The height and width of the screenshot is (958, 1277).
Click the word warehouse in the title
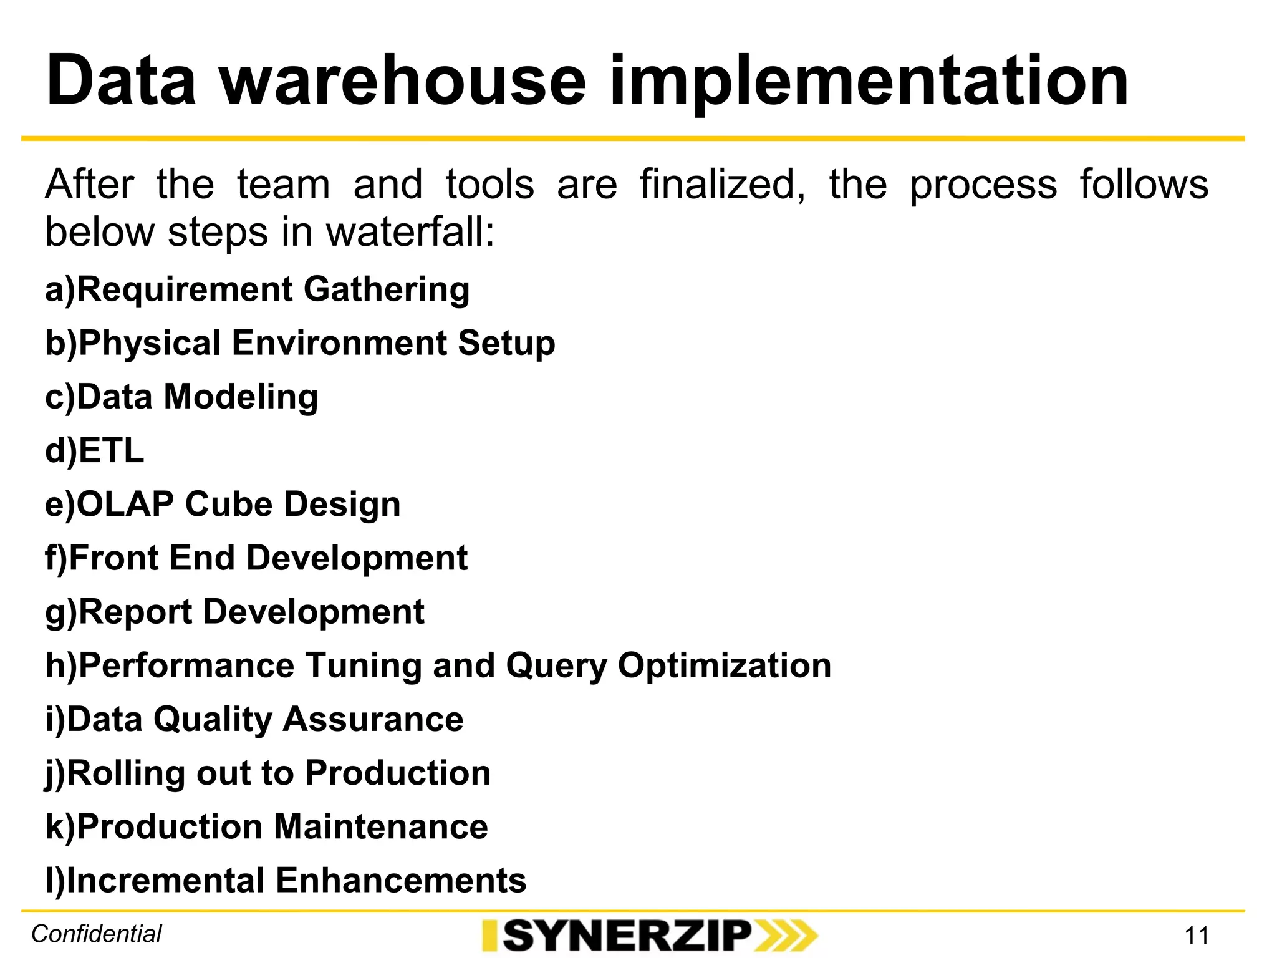(x=403, y=81)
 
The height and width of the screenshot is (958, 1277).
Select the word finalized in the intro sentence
(x=722, y=185)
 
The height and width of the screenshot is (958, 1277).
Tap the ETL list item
(x=95, y=450)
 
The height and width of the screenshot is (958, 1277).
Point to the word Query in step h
(x=556, y=666)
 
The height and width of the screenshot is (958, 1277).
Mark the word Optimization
(x=724, y=665)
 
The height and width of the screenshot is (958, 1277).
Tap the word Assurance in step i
(x=373, y=719)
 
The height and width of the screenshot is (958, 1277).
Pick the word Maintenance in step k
(x=380, y=827)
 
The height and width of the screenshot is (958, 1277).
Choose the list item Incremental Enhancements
(x=286, y=881)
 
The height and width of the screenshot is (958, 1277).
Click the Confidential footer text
(x=97, y=934)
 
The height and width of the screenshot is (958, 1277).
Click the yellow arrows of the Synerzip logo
(x=786, y=936)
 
